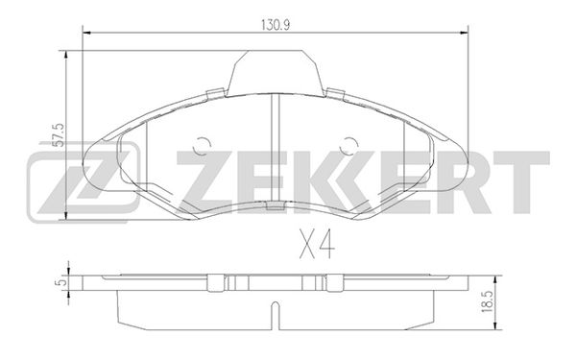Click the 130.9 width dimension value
tap(276, 25)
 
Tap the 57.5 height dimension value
tap(59, 135)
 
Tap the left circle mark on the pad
tap(202, 146)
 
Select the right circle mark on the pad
tap(348, 146)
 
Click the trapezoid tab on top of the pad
tap(276, 72)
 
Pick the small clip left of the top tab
tap(216, 94)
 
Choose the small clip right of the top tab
tap(335, 94)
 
